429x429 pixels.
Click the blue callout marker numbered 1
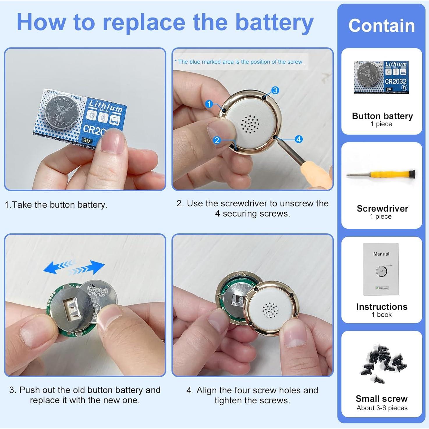pyautogui.click(x=209, y=104)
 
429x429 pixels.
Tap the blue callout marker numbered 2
pyautogui.click(x=217, y=140)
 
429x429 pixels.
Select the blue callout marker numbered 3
pyautogui.click(x=275, y=90)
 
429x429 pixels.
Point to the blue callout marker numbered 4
pyautogui.click(x=298, y=139)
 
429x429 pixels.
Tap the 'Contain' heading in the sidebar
pyautogui.click(x=382, y=26)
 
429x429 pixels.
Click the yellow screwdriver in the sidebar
pyautogui.click(x=381, y=175)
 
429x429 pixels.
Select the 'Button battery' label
pyautogui.click(x=382, y=116)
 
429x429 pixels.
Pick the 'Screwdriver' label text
pyautogui.click(x=382, y=208)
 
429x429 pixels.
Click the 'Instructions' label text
pyautogui.click(x=382, y=307)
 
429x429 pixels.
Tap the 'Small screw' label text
pyautogui.click(x=382, y=398)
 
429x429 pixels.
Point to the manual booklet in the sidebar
pyautogui.click(x=381, y=269)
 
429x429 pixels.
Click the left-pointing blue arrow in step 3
pyautogui.click(x=58, y=266)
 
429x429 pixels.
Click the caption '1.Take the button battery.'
pyautogui.click(x=56, y=205)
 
